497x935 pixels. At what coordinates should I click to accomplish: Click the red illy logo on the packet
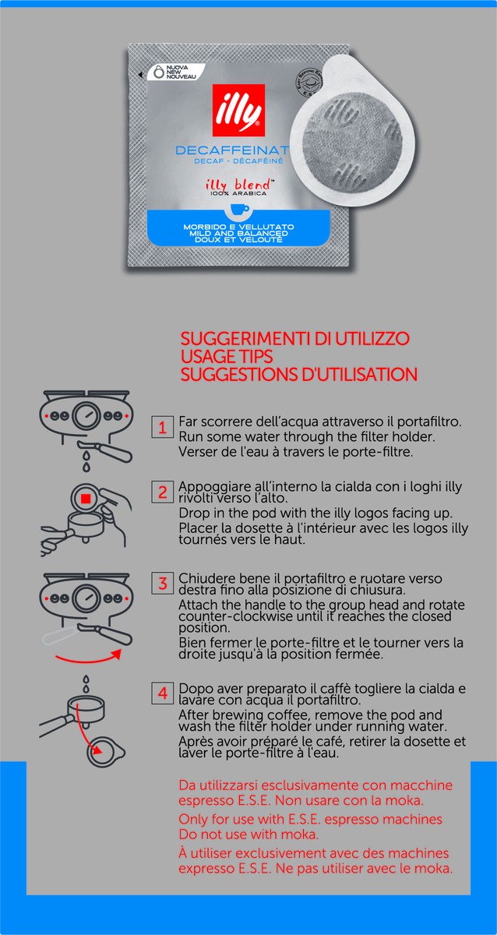(x=238, y=111)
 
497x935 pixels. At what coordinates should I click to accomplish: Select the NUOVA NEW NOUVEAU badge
(x=172, y=72)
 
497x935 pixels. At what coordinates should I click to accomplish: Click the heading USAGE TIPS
(x=225, y=357)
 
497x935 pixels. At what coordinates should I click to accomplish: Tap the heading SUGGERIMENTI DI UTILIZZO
(x=294, y=340)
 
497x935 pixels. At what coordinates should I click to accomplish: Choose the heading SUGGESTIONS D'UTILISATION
(x=298, y=374)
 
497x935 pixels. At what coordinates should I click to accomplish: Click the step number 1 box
(x=162, y=427)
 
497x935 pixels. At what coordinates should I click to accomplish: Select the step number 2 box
(x=162, y=492)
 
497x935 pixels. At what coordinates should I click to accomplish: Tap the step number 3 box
(x=162, y=584)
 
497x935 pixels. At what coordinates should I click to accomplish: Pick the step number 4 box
(x=162, y=693)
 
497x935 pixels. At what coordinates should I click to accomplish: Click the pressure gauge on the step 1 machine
(x=86, y=416)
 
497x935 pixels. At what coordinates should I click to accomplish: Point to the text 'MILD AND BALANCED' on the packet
(x=235, y=233)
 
